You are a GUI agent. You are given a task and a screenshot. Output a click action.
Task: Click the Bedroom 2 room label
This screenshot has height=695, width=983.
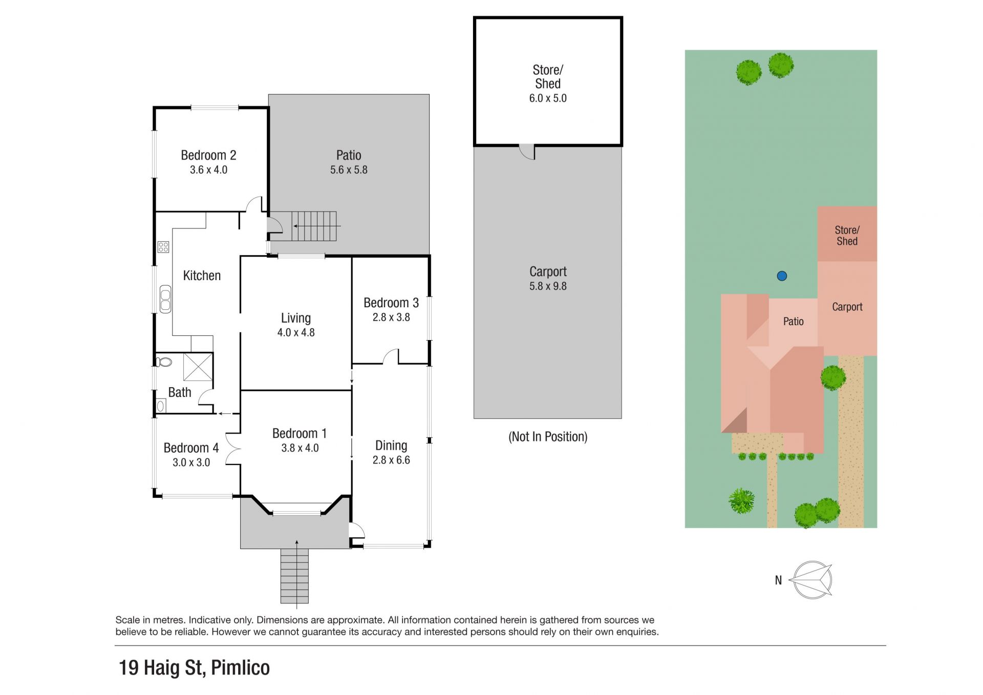tap(208, 155)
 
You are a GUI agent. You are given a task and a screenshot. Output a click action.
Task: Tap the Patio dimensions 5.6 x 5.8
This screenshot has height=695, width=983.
tap(349, 170)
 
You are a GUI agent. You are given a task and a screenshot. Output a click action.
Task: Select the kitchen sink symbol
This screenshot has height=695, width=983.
tap(165, 299)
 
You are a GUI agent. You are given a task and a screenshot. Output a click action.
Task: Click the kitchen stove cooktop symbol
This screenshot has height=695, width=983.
tap(163, 247)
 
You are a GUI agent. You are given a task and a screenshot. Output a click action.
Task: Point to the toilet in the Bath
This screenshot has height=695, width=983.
tap(164, 362)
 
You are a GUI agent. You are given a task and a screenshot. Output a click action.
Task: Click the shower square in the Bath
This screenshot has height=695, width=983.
tap(198, 367)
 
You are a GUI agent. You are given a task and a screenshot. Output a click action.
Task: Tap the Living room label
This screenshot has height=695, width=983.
tap(296, 319)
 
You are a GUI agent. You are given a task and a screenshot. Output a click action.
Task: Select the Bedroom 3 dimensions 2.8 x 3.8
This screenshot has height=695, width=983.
tap(391, 318)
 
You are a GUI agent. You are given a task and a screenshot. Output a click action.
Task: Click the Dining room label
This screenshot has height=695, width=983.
tap(391, 446)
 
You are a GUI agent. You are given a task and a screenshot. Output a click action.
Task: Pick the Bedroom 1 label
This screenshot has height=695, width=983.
tap(300, 433)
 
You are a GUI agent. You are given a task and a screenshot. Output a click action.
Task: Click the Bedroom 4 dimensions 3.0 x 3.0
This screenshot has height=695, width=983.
tap(191, 462)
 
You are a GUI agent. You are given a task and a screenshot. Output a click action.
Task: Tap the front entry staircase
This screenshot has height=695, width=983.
tap(294, 576)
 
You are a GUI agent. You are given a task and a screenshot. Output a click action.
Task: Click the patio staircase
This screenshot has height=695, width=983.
tap(314, 226)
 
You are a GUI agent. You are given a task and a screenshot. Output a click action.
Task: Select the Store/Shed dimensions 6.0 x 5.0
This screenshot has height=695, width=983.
tap(548, 98)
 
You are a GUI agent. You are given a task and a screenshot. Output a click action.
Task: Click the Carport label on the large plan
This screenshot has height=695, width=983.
tap(548, 271)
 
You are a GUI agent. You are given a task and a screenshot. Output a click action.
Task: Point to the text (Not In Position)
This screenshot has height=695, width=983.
tap(548, 437)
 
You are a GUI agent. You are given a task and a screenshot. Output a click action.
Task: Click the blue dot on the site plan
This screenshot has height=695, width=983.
tap(782, 276)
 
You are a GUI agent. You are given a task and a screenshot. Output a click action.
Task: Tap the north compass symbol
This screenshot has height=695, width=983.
tap(812, 580)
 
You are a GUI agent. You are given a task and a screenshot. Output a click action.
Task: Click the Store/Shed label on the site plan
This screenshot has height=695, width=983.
tap(847, 236)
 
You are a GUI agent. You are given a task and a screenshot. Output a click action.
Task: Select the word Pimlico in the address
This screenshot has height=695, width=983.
tap(240, 668)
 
